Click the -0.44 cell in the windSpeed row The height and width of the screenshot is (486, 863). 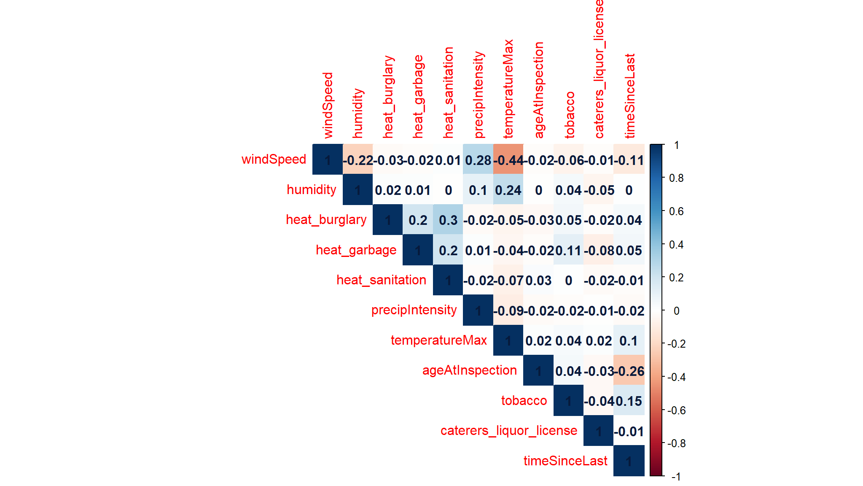pos(508,160)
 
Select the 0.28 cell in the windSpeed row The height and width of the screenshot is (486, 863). pos(478,160)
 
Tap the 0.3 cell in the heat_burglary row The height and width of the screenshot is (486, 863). pos(448,220)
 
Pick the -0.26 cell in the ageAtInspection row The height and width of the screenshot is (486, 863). pos(629,371)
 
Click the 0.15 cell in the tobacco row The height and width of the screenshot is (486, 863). pos(629,401)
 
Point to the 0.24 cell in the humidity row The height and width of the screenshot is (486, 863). pos(508,190)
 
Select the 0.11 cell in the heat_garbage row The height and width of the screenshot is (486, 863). pos(568,250)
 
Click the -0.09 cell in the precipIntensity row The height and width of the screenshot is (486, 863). pos(508,310)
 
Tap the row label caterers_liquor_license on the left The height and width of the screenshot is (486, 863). pos(508,430)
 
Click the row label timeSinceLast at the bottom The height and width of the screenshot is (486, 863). pos(565,461)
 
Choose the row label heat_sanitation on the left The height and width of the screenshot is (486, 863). pos(381,280)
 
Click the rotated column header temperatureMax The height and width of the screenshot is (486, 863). pos(508,89)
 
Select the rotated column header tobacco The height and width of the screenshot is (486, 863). pos(569,115)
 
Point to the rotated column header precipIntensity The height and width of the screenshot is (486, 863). pos(479,95)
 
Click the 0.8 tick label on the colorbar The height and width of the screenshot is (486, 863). pos(676,178)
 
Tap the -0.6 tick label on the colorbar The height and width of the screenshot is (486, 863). pos(676,410)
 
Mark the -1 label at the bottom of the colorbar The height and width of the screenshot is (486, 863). pos(676,477)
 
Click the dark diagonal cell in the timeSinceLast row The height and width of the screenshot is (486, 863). pos(629,461)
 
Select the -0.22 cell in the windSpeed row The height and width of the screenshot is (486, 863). pos(358,160)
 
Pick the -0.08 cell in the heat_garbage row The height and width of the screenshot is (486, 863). pos(599,250)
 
